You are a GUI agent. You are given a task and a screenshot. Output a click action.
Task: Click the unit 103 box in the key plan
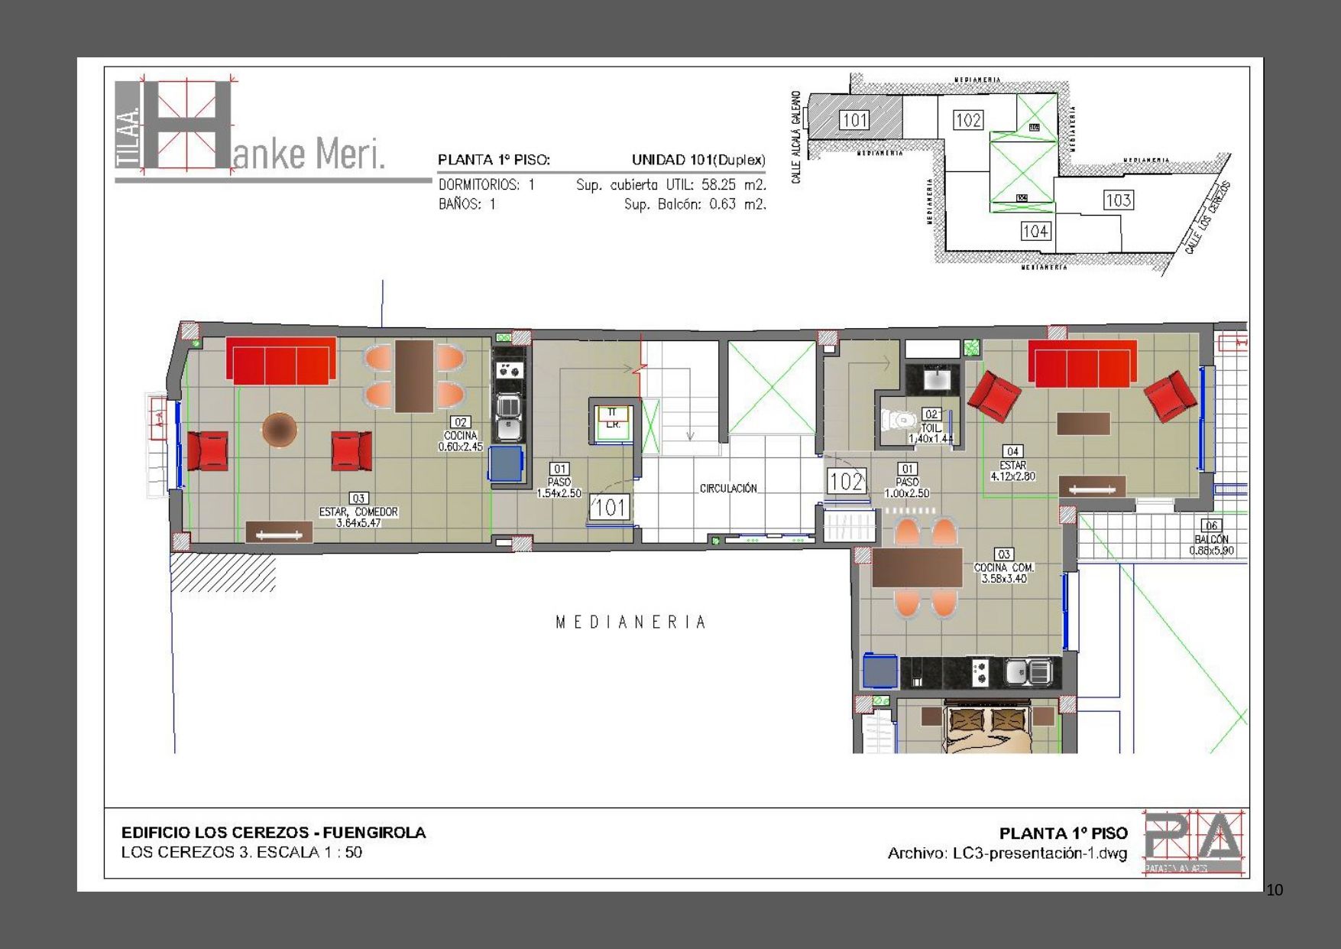(1118, 200)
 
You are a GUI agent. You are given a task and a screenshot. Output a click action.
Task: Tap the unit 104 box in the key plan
(1035, 231)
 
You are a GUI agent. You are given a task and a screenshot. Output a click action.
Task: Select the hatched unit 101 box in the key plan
(854, 120)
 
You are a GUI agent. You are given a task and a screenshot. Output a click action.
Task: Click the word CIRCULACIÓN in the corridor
(728, 488)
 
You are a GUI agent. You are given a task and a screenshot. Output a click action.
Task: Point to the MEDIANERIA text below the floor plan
(630, 622)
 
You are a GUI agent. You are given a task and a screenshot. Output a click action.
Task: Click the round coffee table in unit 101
(280, 430)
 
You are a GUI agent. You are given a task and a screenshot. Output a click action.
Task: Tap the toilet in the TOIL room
(899, 421)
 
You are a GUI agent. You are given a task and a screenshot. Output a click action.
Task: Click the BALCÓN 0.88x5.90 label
(1211, 538)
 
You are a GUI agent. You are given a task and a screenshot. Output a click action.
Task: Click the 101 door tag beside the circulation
(609, 507)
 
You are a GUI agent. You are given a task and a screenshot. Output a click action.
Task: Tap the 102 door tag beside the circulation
(846, 482)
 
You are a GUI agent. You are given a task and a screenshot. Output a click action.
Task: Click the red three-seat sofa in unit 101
(280, 361)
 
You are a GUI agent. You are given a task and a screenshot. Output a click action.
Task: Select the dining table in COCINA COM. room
(916, 567)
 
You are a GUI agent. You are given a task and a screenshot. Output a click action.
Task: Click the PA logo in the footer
(1194, 842)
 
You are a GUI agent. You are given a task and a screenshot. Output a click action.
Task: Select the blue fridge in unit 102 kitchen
(879, 671)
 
